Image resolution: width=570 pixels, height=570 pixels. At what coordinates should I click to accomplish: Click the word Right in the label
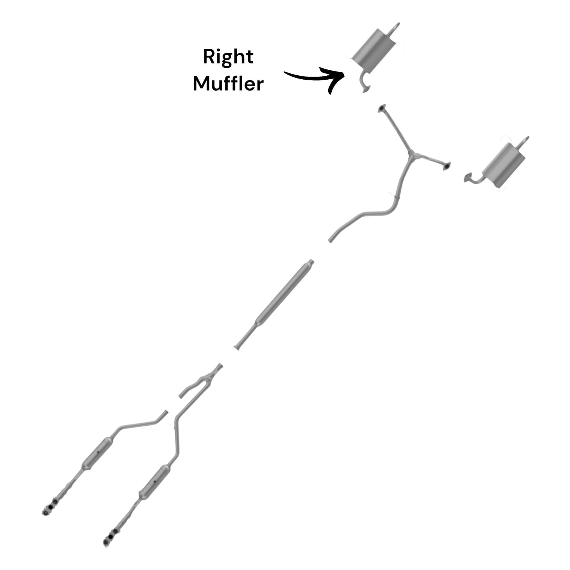pyautogui.click(x=228, y=57)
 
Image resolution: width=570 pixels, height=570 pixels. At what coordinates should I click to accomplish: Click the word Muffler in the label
pyautogui.click(x=228, y=84)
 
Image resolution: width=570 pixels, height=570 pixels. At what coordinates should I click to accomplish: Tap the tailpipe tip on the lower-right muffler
pyautogui.click(x=525, y=141)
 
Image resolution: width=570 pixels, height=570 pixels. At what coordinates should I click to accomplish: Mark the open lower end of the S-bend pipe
pyautogui.click(x=330, y=240)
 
